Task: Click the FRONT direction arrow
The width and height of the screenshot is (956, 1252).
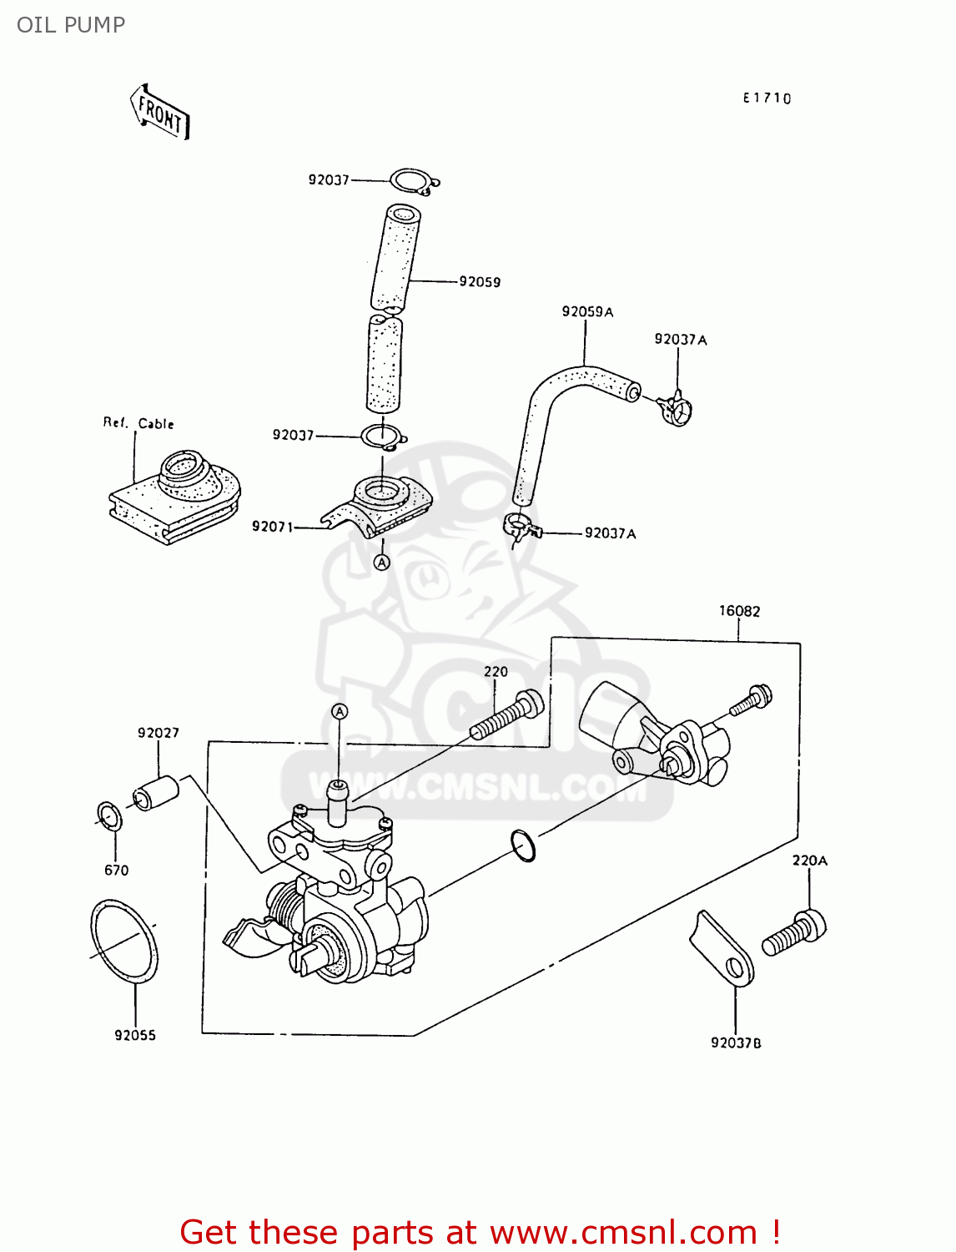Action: [160, 112]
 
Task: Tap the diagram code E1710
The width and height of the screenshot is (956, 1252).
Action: [767, 98]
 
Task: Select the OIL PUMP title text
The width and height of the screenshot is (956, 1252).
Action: [71, 25]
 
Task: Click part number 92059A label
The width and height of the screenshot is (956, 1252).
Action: [587, 312]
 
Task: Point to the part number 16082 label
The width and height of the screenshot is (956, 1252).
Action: [739, 611]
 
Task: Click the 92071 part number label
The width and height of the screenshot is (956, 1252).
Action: [272, 527]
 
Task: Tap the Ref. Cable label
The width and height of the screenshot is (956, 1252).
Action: [138, 423]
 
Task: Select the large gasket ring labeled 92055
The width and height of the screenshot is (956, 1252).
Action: [123, 942]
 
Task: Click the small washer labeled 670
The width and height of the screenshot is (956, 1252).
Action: [109, 816]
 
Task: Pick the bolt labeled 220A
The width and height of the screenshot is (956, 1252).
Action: [795, 934]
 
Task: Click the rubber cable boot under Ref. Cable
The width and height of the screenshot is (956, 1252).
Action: [175, 496]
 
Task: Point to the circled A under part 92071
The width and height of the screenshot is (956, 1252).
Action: [381, 563]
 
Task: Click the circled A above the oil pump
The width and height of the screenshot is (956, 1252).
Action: [340, 711]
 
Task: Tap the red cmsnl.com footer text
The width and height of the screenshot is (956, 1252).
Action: [480, 1232]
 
